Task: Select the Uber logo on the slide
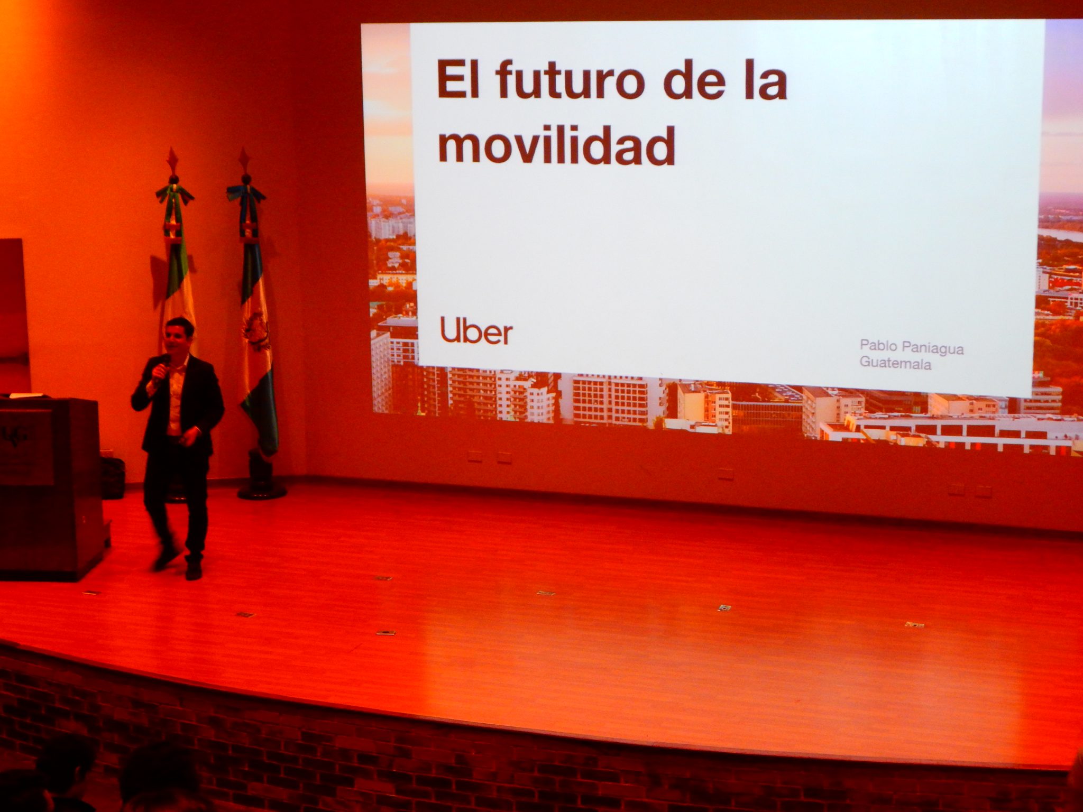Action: tap(476, 331)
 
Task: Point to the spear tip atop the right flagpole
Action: tap(244, 157)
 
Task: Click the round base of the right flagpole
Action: tap(262, 492)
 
